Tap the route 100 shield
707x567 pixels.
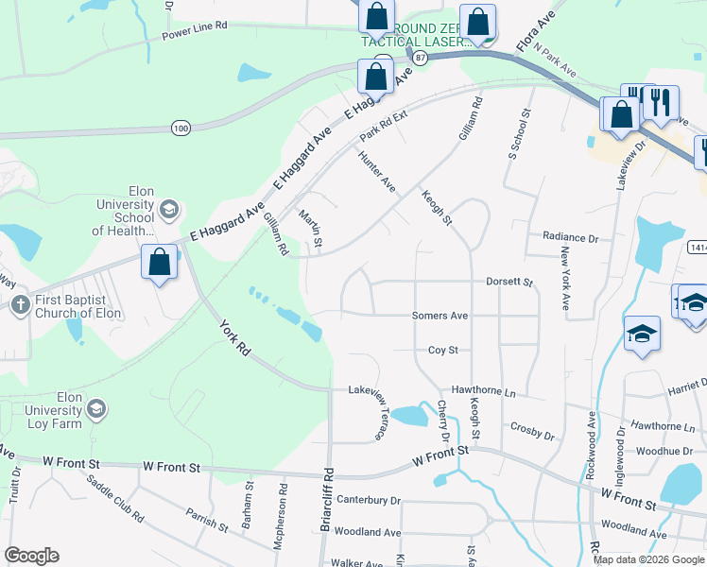pos(181,127)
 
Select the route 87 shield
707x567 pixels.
pos(421,58)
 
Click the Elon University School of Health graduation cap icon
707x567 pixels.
pos(169,209)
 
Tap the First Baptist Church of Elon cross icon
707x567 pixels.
pos(20,304)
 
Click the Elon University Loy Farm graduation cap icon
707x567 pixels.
pos(95,408)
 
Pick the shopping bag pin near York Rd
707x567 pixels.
pos(160,262)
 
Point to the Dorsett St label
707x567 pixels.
pos(509,282)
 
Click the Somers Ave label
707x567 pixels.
pos(440,316)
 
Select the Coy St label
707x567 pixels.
pos(442,350)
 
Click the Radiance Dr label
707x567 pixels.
pos(571,238)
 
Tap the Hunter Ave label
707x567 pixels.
pos(376,173)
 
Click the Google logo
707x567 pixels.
pos(31,556)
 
